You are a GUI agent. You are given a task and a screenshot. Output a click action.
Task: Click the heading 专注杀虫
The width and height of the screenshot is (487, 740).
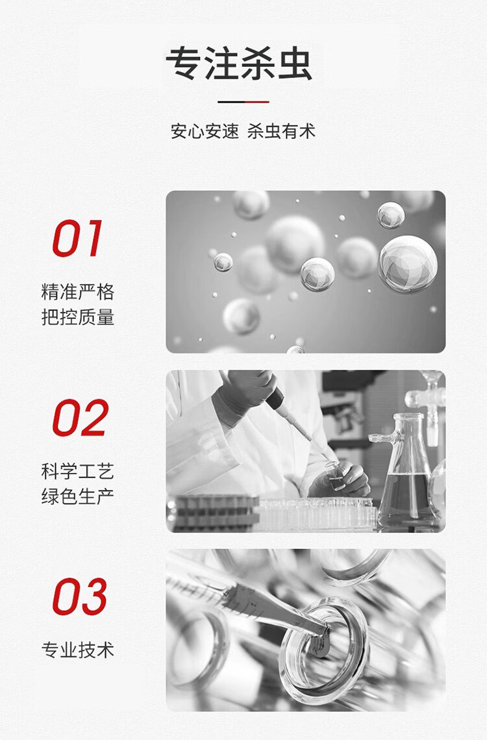coord(239,64)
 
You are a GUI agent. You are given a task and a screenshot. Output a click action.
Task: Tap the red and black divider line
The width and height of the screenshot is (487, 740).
coord(243,101)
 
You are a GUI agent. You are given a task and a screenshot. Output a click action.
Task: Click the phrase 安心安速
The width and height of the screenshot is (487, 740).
coord(205,131)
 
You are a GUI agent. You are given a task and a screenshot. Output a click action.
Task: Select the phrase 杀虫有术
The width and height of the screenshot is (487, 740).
coord(281,131)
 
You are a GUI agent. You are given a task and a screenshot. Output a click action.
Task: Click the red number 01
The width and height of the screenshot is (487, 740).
coord(77,238)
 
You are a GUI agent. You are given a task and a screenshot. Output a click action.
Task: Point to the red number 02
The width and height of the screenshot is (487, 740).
coord(81,418)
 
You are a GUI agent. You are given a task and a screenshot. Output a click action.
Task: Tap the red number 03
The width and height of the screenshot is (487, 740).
coord(80,596)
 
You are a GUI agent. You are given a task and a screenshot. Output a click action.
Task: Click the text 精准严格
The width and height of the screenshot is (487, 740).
coord(78,292)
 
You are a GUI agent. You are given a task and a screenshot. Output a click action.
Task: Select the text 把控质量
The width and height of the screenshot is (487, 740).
coord(78,316)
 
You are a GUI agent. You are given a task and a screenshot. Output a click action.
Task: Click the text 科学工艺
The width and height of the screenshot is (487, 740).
coord(78,472)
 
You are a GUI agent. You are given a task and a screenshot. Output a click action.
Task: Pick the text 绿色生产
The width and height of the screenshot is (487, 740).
coord(78,496)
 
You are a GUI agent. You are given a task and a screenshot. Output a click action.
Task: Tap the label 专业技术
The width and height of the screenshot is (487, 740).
coord(78,650)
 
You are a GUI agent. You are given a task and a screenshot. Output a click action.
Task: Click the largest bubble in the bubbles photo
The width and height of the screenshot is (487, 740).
coord(408,264)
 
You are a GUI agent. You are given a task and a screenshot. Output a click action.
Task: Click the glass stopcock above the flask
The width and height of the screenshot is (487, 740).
coord(427,406)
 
